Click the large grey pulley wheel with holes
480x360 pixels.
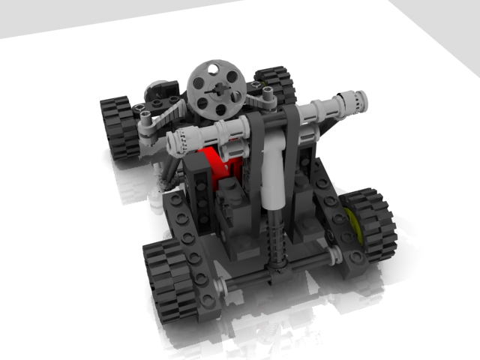(x=216, y=89)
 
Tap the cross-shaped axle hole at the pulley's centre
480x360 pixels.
(x=217, y=90)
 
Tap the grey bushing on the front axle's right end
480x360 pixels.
(x=333, y=256)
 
